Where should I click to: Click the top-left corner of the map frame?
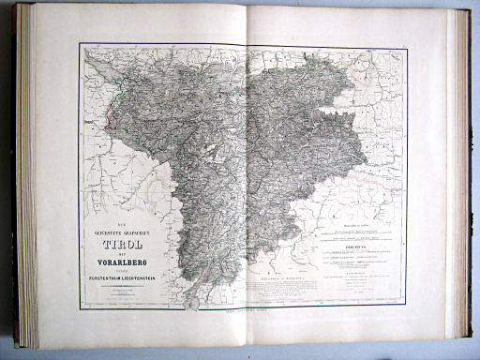[81, 44]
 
